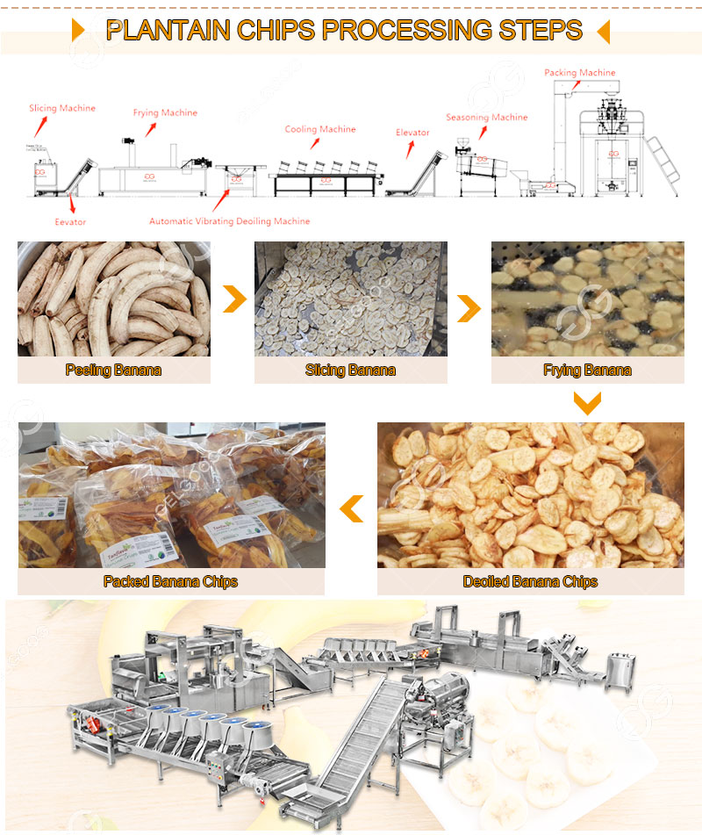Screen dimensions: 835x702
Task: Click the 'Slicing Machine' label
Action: [x=61, y=109]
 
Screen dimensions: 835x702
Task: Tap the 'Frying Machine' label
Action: [x=165, y=113]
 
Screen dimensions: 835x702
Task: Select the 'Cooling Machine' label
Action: [x=320, y=130]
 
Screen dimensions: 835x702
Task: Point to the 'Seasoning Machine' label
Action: [x=486, y=118]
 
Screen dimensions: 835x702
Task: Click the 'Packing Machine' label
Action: [x=579, y=73]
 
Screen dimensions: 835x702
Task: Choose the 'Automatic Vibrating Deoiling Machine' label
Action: [x=229, y=221]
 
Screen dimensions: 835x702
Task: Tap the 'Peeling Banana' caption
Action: [x=113, y=371]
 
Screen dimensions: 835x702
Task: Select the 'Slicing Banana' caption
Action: [x=350, y=371]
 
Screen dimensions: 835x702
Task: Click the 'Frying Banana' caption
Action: [x=587, y=371]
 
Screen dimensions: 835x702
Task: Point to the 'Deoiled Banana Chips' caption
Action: [x=530, y=581]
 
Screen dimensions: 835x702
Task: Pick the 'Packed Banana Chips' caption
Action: [x=170, y=581]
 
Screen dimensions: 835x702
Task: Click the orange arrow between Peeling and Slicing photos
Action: [x=233, y=299]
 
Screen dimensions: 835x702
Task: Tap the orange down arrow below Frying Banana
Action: [x=587, y=403]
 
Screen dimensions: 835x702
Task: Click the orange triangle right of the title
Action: [x=603, y=32]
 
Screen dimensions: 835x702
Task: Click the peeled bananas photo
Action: [x=113, y=299]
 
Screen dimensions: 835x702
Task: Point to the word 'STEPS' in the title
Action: [x=539, y=31]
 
